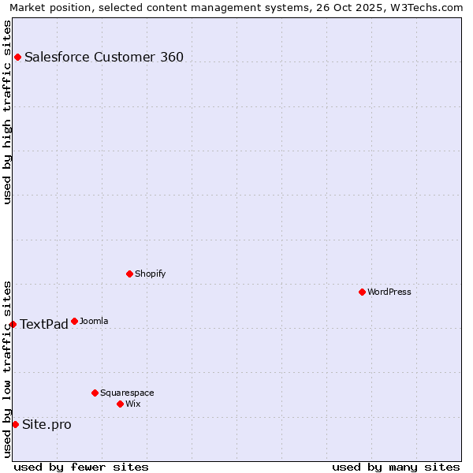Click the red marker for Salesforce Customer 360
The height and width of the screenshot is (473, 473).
click(17, 57)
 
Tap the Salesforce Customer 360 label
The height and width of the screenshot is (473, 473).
click(104, 57)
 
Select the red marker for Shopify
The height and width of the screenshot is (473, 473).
click(129, 274)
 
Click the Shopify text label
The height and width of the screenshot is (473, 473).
click(150, 274)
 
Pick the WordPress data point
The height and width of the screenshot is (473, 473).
click(362, 292)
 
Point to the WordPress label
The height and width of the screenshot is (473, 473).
click(389, 292)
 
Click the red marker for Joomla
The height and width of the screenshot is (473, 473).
click(74, 321)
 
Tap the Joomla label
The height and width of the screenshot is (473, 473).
click(94, 321)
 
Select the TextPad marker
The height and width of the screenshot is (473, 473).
click(13, 324)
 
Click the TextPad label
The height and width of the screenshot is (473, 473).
click(44, 325)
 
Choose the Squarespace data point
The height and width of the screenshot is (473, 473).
click(95, 393)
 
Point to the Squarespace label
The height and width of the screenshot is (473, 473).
click(127, 393)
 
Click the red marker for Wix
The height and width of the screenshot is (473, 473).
click(120, 404)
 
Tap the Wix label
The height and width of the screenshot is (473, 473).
click(133, 404)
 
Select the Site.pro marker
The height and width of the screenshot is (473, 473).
click(15, 424)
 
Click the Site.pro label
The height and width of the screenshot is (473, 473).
click(47, 425)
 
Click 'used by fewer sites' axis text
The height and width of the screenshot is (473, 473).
click(81, 467)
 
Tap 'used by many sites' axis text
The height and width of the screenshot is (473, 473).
click(396, 467)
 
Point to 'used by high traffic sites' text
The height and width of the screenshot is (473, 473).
click(7, 112)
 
